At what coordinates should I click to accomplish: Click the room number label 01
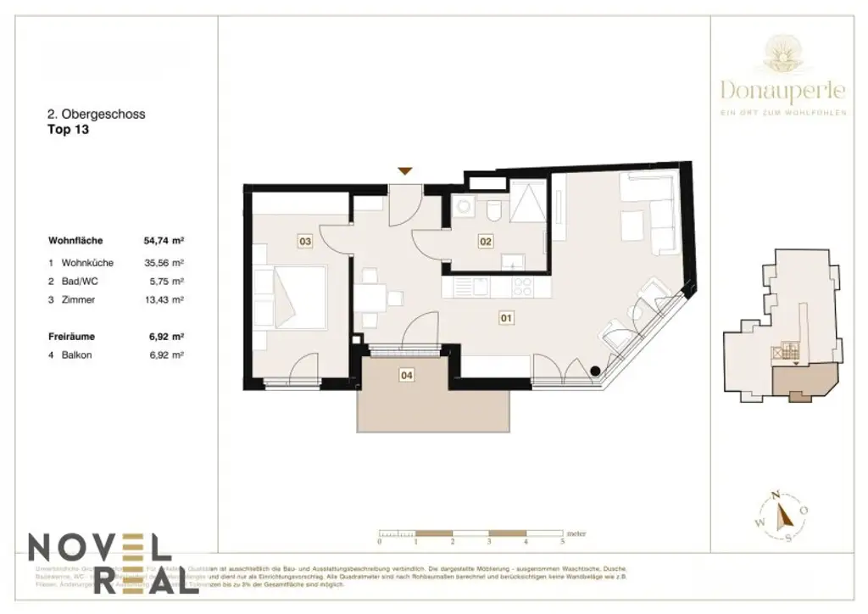click(x=507, y=319)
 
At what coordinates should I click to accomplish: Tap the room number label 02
click(x=486, y=242)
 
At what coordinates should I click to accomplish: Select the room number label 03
click(x=305, y=242)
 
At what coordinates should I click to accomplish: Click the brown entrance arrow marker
click(x=406, y=171)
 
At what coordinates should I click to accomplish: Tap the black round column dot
click(x=596, y=370)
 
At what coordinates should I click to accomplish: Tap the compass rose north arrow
click(x=784, y=512)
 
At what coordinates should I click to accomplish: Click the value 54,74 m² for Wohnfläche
click(x=164, y=241)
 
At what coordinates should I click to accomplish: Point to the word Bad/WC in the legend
click(x=77, y=282)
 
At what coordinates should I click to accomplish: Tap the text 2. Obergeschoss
click(x=96, y=114)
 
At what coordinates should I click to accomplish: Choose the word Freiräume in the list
click(x=70, y=337)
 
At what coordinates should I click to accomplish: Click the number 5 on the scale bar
click(x=563, y=540)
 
